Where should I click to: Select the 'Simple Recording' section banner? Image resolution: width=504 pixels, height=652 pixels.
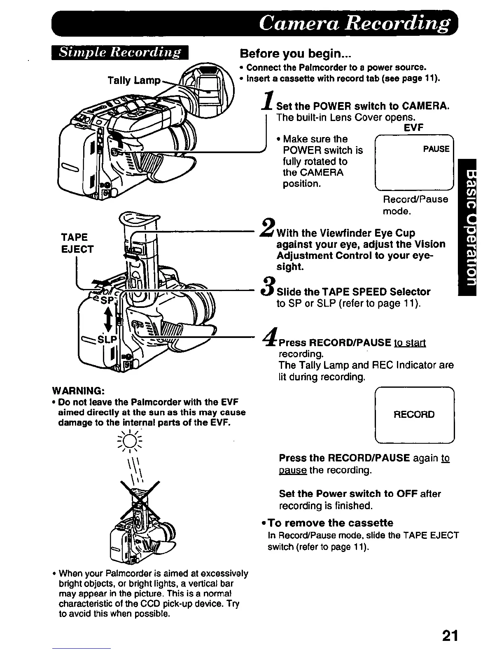click(x=120, y=53)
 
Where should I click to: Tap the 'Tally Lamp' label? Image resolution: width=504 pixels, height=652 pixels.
click(x=133, y=80)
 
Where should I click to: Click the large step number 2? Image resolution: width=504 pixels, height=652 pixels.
click(x=268, y=228)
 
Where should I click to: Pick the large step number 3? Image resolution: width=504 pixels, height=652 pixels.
click(x=268, y=286)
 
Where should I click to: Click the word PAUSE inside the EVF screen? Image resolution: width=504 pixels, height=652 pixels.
click(x=436, y=149)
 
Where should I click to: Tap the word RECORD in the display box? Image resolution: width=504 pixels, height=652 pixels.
click(x=414, y=414)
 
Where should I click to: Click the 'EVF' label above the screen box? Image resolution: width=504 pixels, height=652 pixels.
click(x=413, y=128)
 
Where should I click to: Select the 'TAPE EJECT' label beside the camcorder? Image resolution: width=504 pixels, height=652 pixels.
click(x=77, y=243)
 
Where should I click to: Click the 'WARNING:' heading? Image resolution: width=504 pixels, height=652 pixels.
click(x=77, y=390)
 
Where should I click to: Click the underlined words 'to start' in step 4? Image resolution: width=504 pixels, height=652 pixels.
click(x=410, y=342)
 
